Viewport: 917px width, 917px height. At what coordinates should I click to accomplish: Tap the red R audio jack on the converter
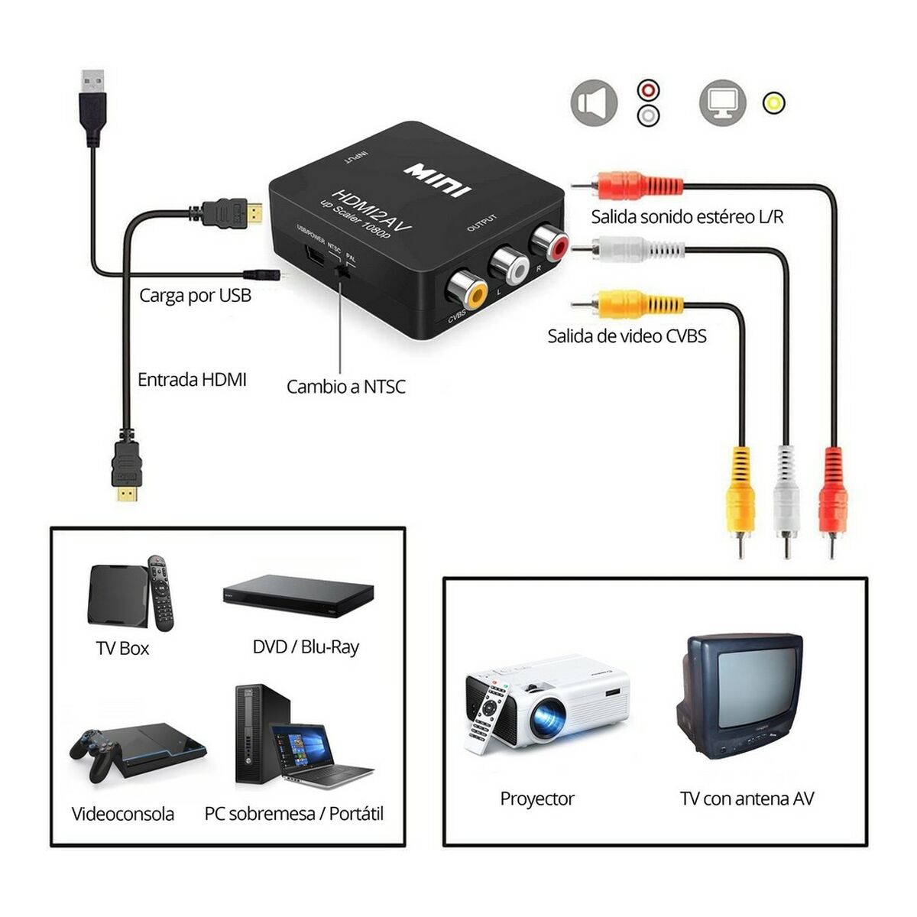tap(550, 242)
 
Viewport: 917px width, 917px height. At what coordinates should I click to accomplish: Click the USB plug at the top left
tap(93, 107)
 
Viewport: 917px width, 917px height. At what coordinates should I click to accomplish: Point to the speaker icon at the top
tap(594, 103)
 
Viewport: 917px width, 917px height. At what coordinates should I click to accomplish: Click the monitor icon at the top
tap(722, 103)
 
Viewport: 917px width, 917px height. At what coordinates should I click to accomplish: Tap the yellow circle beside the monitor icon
tap(774, 103)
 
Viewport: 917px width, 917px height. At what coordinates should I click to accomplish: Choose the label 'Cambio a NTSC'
tap(345, 387)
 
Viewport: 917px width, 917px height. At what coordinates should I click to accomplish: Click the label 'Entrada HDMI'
tap(192, 380)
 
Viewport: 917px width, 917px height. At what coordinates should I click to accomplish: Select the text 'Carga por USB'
tap(195, 295)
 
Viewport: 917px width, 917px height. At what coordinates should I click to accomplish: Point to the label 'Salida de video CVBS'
tap(627, 336)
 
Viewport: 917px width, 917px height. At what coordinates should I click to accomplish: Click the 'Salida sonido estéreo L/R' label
tap(687, 217)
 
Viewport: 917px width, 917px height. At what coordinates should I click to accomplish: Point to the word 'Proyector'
tap(536, 799)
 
